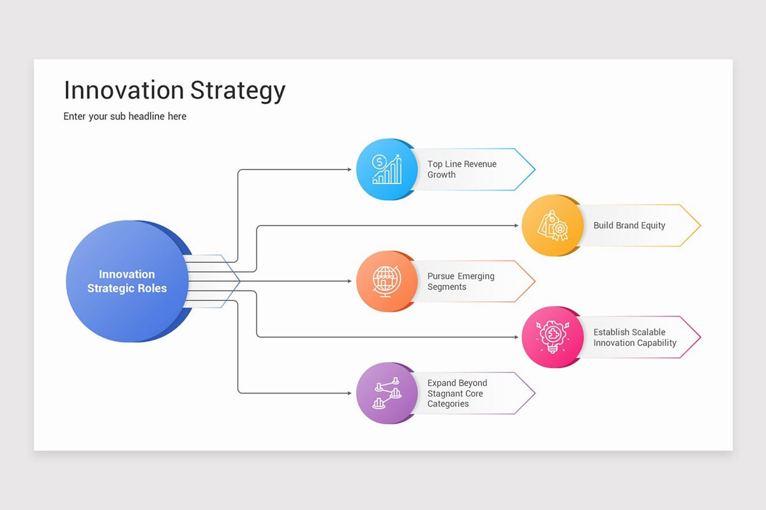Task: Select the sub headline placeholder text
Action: coord(125,116)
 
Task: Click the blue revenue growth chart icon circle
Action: coord(386,170)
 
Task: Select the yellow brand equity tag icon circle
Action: coord(552,225)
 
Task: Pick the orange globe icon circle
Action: coord(386,281)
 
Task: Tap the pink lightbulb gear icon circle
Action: coord(552,337)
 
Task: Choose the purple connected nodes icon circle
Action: coord(386,393)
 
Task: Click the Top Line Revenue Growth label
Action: coord(462,169)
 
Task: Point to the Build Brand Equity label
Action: coord(629,225)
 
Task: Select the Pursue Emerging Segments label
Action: coord(460,281)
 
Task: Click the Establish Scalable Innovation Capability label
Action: coord(635,337)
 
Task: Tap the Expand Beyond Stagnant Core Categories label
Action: coord(456,393)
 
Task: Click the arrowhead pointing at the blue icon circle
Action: coord(349,170)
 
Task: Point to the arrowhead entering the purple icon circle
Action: coord(349,393)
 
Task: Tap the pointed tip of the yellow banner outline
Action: coord(700,225)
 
